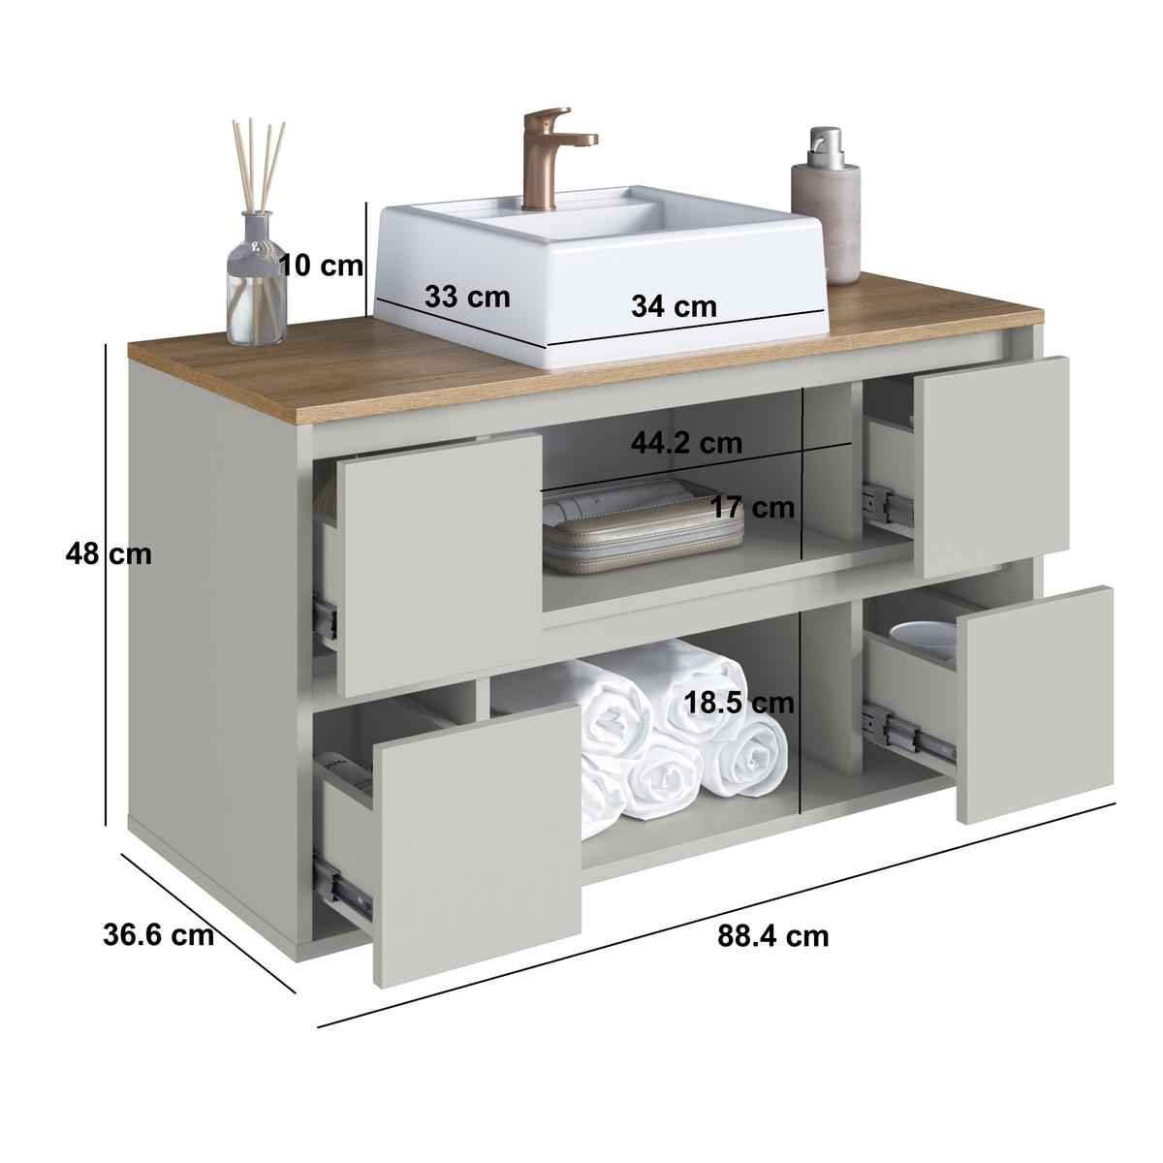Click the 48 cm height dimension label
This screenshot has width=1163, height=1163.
[x=109, y=554]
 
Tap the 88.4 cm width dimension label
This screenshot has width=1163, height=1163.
[x=773, y=953]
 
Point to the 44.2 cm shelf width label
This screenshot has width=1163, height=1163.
[x=686, y=444]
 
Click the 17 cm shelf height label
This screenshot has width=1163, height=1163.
[x=753, y=507]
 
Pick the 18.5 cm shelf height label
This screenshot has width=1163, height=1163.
[x=739, y=703]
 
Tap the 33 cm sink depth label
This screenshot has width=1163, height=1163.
[x=467, y=297]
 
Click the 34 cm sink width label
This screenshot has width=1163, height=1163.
[x=674, y=306]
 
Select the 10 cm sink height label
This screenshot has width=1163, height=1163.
[x=322, y=266]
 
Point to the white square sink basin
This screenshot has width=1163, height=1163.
[x=601, y=274]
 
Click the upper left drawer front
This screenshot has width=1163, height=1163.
[x=439, y=564]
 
